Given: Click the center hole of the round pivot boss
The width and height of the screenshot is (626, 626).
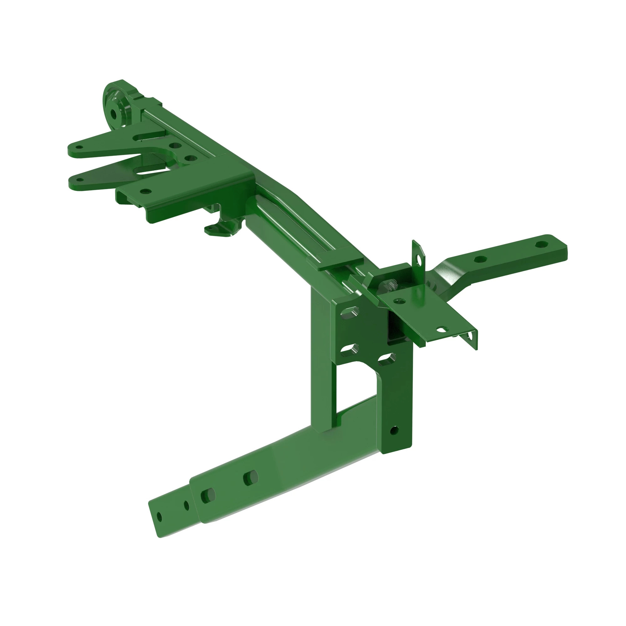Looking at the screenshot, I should coord(114,114).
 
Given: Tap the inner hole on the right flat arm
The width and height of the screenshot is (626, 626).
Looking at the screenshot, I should coord(480,259).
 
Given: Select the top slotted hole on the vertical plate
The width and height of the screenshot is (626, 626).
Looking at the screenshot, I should coord(349,313).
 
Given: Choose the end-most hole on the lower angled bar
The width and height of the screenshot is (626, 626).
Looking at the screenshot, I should coord(159,516).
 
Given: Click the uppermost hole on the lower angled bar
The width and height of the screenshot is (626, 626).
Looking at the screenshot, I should coord(251,477).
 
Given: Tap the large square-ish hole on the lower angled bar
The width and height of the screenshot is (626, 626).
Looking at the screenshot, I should coord(208,496).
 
